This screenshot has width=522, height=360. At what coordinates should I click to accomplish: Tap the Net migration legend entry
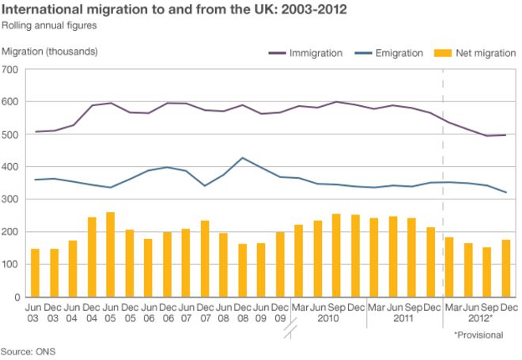point(473,53)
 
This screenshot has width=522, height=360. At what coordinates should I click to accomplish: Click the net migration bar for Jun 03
point(35,273)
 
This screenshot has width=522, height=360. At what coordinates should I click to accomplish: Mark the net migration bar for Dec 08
point(242,270)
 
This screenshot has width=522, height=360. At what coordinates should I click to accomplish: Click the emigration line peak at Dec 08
point(242,158)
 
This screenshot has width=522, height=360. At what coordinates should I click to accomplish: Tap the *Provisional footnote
point(478,335)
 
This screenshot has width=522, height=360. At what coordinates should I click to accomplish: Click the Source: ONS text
point(28,351)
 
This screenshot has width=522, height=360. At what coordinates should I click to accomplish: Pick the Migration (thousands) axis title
point(51,51)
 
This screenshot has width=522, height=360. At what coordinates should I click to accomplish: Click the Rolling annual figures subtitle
point(49,25)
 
